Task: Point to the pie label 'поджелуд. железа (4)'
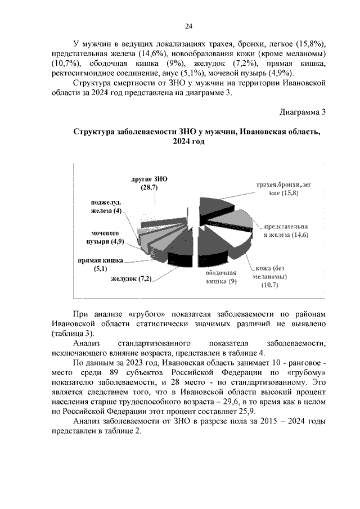(x=107, y=206)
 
